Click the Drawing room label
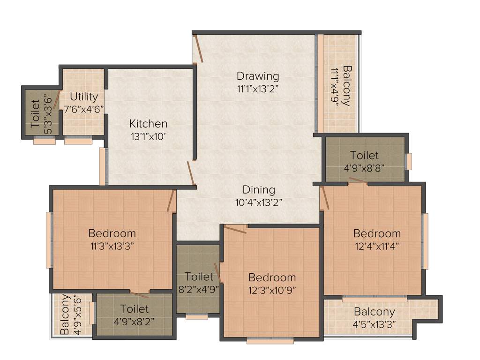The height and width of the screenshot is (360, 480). click(257, 76)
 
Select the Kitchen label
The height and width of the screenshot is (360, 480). click(148, 124)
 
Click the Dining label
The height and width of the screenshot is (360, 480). click(259, 190)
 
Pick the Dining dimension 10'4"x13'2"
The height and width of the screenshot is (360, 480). click(259, 202)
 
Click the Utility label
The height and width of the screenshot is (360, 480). click(84, 97)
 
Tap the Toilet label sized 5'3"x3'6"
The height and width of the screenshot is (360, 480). click(36, 114)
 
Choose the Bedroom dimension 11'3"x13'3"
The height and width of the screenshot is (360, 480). click(112, 246)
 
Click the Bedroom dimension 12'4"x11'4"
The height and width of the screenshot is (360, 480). click(377, 246)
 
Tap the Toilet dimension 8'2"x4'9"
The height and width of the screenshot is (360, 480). click(199, 289)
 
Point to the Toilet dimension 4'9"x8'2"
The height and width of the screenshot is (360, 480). click(134, 322)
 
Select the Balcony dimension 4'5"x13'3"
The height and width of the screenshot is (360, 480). click(374, 324)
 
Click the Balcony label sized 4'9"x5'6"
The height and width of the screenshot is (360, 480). click(66, 314)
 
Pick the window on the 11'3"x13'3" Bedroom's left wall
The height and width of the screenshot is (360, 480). click(48, 240)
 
